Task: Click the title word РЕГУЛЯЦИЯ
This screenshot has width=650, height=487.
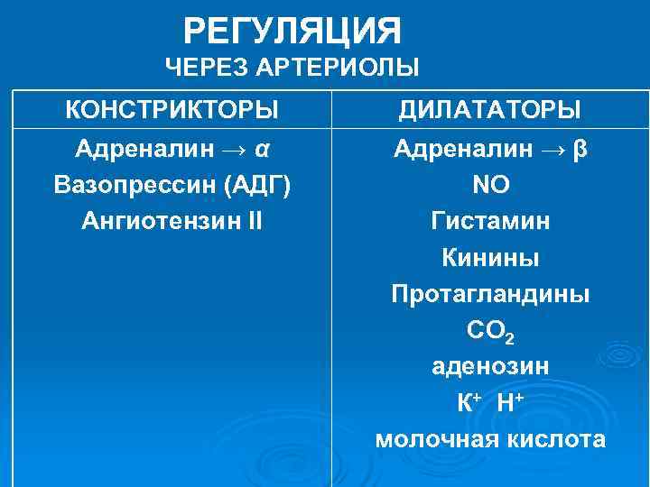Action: pyautogui.click(x=292, y=32)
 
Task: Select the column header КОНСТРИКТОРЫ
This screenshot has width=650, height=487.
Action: pyautogui.click(x=172, y=110)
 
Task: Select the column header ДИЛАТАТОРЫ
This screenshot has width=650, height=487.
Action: pyautogui.click(x=490, y=110)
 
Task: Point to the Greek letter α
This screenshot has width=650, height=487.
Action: pyautogui.click(x=263, y=148)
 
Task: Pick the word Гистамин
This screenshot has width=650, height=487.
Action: pyautogui.click(x=490, y=221)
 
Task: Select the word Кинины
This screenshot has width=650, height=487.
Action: pyautogui.click(x=490, y=258)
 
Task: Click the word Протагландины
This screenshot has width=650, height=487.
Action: pyautogui.click(x=490, y=294)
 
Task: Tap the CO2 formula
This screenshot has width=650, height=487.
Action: pyautogui.click(x=490, y=332)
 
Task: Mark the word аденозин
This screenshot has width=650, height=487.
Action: pyautogui.click(x=490, y=367)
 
